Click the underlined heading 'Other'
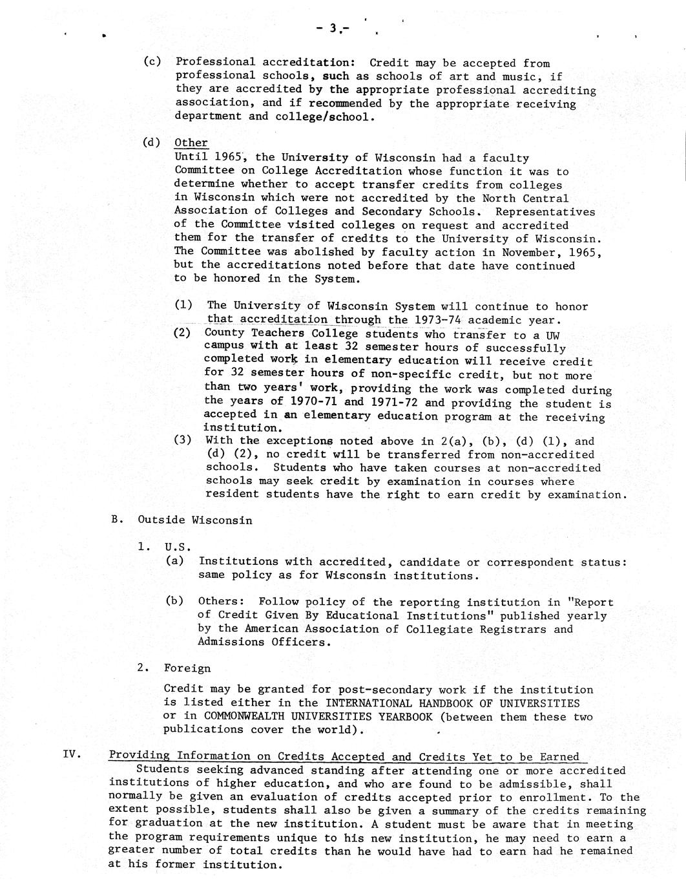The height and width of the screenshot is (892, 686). click(191, 143)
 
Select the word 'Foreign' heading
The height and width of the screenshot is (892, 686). click(187, 668)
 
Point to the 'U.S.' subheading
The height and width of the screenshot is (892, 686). click(178, 547)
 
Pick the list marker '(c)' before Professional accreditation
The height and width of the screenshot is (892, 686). click(152, 62)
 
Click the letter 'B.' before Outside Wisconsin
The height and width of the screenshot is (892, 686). click(117, 520)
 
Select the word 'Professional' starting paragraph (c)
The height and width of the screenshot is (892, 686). click(215, 62)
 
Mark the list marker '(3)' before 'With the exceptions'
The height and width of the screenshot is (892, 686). click(183, 440)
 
